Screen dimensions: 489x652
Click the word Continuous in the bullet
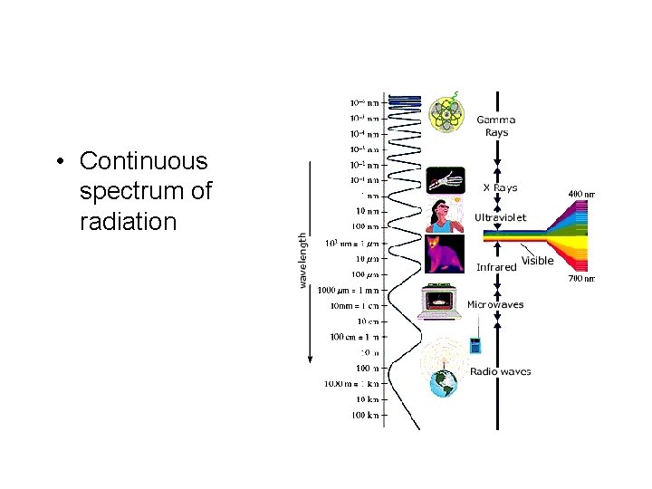143,161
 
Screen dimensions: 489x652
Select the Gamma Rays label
495,126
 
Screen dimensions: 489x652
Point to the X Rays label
500,188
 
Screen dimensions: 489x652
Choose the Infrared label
496,267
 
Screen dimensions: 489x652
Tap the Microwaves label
494,305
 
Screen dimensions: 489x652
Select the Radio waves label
500,371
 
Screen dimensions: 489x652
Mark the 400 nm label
581,194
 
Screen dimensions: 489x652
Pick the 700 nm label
581,279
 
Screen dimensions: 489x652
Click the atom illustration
445,114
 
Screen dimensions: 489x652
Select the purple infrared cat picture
445,253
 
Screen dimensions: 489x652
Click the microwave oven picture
441,302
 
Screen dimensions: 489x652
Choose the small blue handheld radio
474,345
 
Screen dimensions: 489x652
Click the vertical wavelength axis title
302,260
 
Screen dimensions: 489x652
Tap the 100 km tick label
367,416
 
